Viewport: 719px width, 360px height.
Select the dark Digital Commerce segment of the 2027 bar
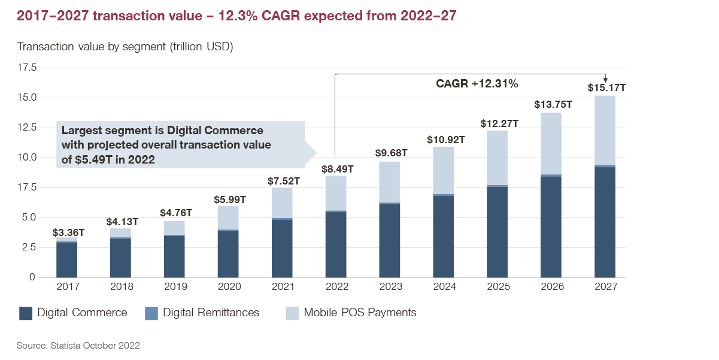pyautogui.click(x=605, y=222)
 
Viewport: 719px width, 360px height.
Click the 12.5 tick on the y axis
pyautogui.click(x=27, y=128)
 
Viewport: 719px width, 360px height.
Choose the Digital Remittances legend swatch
pyautogui.click(x=151, y=313)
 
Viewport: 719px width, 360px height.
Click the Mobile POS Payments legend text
pyautogui.click(x=359, y=313)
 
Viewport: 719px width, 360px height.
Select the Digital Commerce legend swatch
pyautogui.click(x=26, y=313)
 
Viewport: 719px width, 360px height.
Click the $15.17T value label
pyautogui.click(x=606, y=88)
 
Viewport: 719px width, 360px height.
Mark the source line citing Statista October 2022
pyautogui.click(x=78, y=346)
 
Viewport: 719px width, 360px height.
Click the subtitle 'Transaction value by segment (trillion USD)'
pyautogui.click(x=125, y=47)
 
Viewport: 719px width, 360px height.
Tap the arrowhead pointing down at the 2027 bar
pyautogui.click(x=606, y=78)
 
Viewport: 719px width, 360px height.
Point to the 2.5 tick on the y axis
pyautogui.click(x=27, y=247)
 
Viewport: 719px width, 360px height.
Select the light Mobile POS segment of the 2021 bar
pyautogui.click(x=282, y=202)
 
